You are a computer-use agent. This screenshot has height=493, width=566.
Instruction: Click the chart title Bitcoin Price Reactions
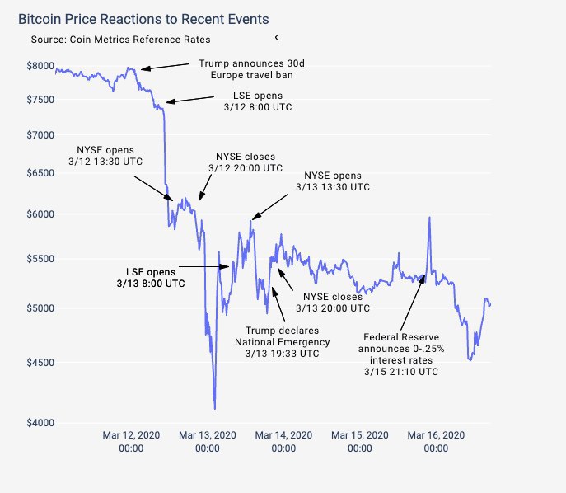coord(143,18)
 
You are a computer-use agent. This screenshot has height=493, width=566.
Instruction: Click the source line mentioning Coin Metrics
coord(120,39)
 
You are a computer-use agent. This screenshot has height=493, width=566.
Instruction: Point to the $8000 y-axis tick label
coord(40,67)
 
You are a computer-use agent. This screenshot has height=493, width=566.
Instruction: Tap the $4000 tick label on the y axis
coord(40,423)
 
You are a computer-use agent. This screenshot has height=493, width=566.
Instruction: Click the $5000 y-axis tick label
coord(40,308)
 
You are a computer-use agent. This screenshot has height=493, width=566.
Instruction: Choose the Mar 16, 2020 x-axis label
coord(437,441)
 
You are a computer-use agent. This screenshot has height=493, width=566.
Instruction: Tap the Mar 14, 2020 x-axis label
coord(283,441)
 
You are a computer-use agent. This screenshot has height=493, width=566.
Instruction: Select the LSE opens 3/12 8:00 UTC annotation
coord(258,101)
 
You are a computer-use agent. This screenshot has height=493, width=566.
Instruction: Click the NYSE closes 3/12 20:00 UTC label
coord(246,162)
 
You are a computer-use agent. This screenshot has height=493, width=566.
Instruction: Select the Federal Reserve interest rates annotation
coord(401,354)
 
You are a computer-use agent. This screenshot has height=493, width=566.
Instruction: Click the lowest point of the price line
coord(215,408)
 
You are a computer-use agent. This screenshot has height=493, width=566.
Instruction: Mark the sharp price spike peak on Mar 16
coord(429,218)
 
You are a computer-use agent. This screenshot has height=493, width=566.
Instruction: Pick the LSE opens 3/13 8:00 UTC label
coord(150,276)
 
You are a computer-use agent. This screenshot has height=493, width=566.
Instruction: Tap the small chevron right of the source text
coord(277,37)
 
